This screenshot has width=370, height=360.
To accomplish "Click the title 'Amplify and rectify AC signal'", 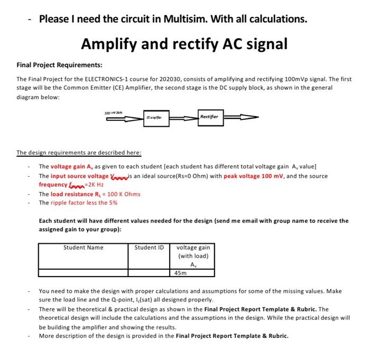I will [x=184, y=44].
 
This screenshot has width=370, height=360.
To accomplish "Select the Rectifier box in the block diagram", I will [x=212, y=116].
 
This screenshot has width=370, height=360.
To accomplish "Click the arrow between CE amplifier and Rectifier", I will [x=182, y=118].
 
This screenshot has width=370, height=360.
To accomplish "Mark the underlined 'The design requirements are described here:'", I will [x=79, y=153].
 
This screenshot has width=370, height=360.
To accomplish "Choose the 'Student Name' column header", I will [x=84, y=248].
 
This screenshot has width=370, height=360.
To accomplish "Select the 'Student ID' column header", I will [x=149, y=248].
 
